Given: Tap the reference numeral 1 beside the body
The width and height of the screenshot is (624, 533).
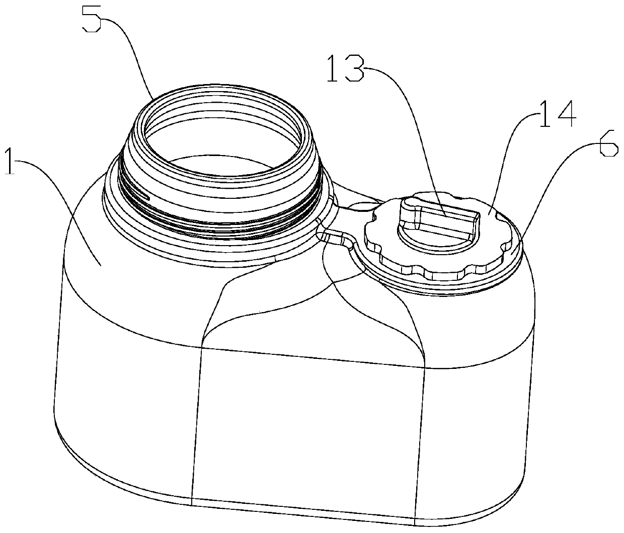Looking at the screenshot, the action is coord(11,161).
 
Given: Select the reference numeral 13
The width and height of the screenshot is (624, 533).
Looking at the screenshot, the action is coord(346,68).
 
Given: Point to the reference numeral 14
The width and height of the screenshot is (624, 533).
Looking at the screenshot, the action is coord(558,114).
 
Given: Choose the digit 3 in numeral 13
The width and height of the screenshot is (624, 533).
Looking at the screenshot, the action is coord(355,68).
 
